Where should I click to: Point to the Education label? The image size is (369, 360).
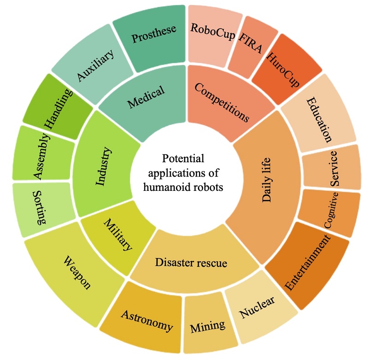[319, 119]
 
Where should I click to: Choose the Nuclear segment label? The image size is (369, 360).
[257, 308]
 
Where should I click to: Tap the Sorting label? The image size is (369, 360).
[41, 207]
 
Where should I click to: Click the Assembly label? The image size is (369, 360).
[41, 156]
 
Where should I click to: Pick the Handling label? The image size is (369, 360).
[59, 110]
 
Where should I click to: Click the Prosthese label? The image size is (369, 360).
[154, 35]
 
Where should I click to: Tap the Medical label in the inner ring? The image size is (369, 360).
[146, 98]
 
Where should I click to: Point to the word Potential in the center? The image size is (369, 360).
[183, 159]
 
